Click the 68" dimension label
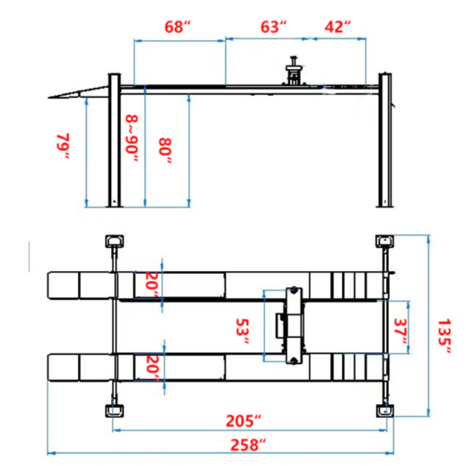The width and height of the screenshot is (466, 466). [178, 27]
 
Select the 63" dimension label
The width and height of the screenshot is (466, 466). [273, 27]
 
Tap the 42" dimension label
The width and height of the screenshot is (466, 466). [338, 27]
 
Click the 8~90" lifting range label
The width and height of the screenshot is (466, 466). [132, 138]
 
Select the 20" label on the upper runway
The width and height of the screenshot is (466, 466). [152, 285]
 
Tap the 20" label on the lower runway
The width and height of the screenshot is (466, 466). [152, 368]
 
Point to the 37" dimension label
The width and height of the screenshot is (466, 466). [400, 331]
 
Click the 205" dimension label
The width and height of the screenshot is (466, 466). [243, 421]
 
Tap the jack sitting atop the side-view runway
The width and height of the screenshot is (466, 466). [292, 73]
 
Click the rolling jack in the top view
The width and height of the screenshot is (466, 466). [292, 326]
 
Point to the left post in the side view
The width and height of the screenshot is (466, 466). [115, 140]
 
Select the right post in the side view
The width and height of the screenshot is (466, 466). [384, 140]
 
